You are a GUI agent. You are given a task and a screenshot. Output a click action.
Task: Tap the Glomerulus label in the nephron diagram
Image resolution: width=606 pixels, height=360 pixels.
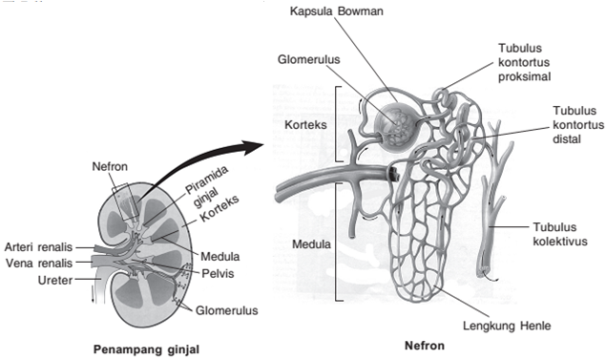[x=309, y=60]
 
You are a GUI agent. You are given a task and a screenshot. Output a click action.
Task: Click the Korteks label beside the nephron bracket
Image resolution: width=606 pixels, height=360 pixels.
[x=307, y=124]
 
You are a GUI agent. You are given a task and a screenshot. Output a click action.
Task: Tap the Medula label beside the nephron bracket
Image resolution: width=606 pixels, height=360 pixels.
[x=307, y=243]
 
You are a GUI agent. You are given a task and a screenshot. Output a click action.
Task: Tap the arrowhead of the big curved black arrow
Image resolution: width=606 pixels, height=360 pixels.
[x=254, y=146]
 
